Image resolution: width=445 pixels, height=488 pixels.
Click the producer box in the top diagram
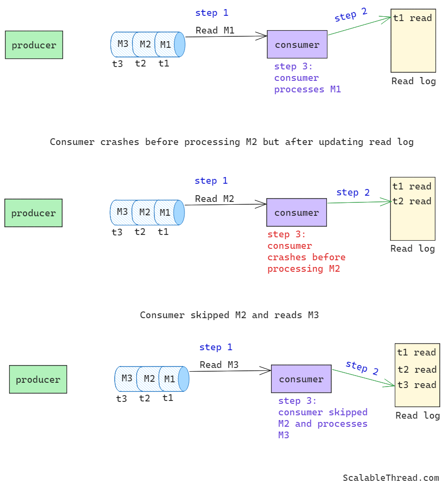click(x=34, y=45)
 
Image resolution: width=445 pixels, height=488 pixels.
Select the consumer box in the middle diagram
click(x=296, y=212)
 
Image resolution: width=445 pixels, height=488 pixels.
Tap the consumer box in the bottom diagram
click(x=301, y=379)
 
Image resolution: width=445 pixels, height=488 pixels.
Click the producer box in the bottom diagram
click(x=38, y=379)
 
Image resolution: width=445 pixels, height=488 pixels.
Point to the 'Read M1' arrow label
click(x=215, y=31)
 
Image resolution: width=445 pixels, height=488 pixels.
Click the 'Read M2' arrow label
click(x=215, y=199)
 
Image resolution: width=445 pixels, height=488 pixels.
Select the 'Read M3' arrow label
click(x=219, y=365)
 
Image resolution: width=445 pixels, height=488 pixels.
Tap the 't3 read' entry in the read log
click(x=416, y=385)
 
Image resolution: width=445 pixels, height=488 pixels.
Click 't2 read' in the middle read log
click(x=412, y=201)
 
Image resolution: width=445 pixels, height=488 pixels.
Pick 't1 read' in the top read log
click(x=412, y=18)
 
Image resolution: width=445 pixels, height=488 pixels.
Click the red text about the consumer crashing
click(x=306, y=252)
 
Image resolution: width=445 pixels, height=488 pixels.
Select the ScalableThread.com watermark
click(x=391, y=477)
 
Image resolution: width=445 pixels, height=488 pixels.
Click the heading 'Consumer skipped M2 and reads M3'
click(x=229, y=315)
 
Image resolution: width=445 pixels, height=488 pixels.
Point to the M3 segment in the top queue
click(x=122, y=44)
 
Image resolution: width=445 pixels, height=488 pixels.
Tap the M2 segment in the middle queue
click(x=144, y=212)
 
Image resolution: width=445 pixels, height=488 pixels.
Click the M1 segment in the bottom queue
click(x=169, y=379)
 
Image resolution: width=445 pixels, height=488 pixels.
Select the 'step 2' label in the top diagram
click(x=351, y=15)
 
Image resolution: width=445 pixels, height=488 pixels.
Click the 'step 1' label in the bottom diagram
click(x=216, y=347)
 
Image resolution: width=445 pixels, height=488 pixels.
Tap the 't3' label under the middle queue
click(x=117, y=233)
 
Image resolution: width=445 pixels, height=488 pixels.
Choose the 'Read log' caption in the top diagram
click(x=413, y=81)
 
